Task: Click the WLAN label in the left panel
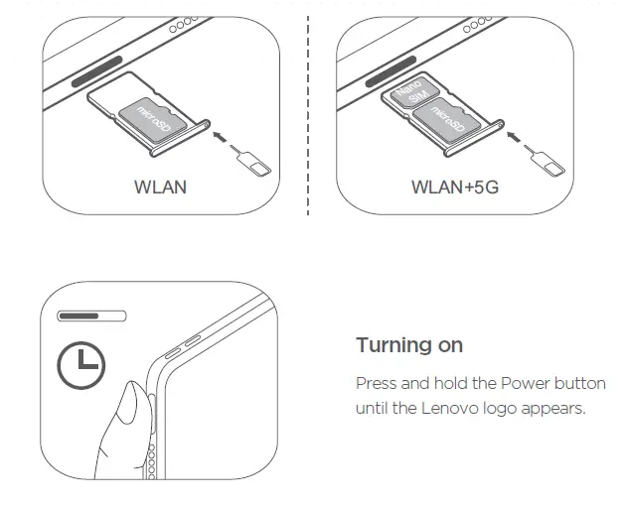(x=160, y=187)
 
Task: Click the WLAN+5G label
(x=455, y=187)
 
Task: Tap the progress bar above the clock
(x=92, y=317)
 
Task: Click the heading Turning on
(x=409, y=345)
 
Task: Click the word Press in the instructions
(x=376, y=383)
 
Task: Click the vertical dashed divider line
(x=308, y=109)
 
